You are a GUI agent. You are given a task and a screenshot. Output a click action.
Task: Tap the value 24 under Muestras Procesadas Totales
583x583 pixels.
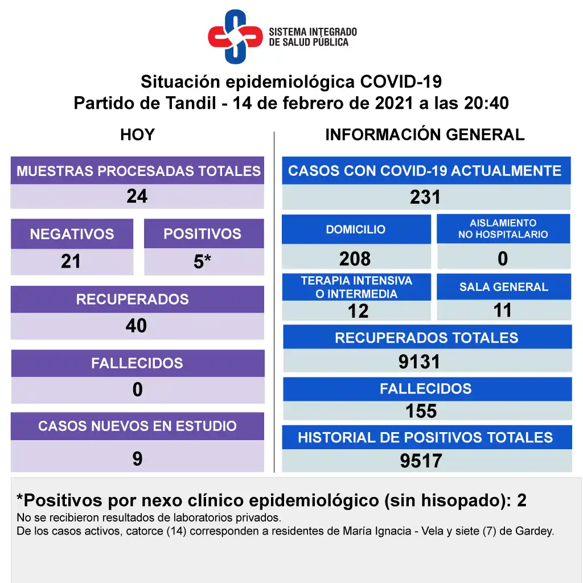[137, 196]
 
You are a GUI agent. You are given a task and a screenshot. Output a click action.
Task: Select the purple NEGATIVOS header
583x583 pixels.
[72, 234]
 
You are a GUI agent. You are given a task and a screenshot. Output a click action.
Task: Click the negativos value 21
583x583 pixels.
[71, 261]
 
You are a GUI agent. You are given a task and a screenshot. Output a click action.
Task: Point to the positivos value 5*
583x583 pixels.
[203, 262]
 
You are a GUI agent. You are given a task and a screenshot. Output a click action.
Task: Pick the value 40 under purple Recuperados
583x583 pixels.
[137, 326]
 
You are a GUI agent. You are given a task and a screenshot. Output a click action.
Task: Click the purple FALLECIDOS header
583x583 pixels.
[137, 363]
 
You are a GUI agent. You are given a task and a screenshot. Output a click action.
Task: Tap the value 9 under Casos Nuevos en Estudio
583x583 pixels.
[137, 458]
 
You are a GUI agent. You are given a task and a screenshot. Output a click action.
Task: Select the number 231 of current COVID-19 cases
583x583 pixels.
[425, 197]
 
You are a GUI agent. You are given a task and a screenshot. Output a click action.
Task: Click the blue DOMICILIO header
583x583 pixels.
[356, 229]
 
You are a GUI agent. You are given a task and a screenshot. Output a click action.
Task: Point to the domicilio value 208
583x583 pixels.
[355, 259]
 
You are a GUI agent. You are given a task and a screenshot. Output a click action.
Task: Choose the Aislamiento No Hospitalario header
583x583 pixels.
[503, 229]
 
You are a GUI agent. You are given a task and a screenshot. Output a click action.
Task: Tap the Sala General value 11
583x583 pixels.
[503, 310]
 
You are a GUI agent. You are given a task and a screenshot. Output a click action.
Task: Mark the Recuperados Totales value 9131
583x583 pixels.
[420, 362]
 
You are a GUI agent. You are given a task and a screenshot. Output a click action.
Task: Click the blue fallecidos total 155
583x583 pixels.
[421, 411]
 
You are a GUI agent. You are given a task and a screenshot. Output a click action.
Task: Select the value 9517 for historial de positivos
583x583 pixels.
[421, 461]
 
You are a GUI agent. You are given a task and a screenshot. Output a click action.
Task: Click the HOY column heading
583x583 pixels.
[137, 135]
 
